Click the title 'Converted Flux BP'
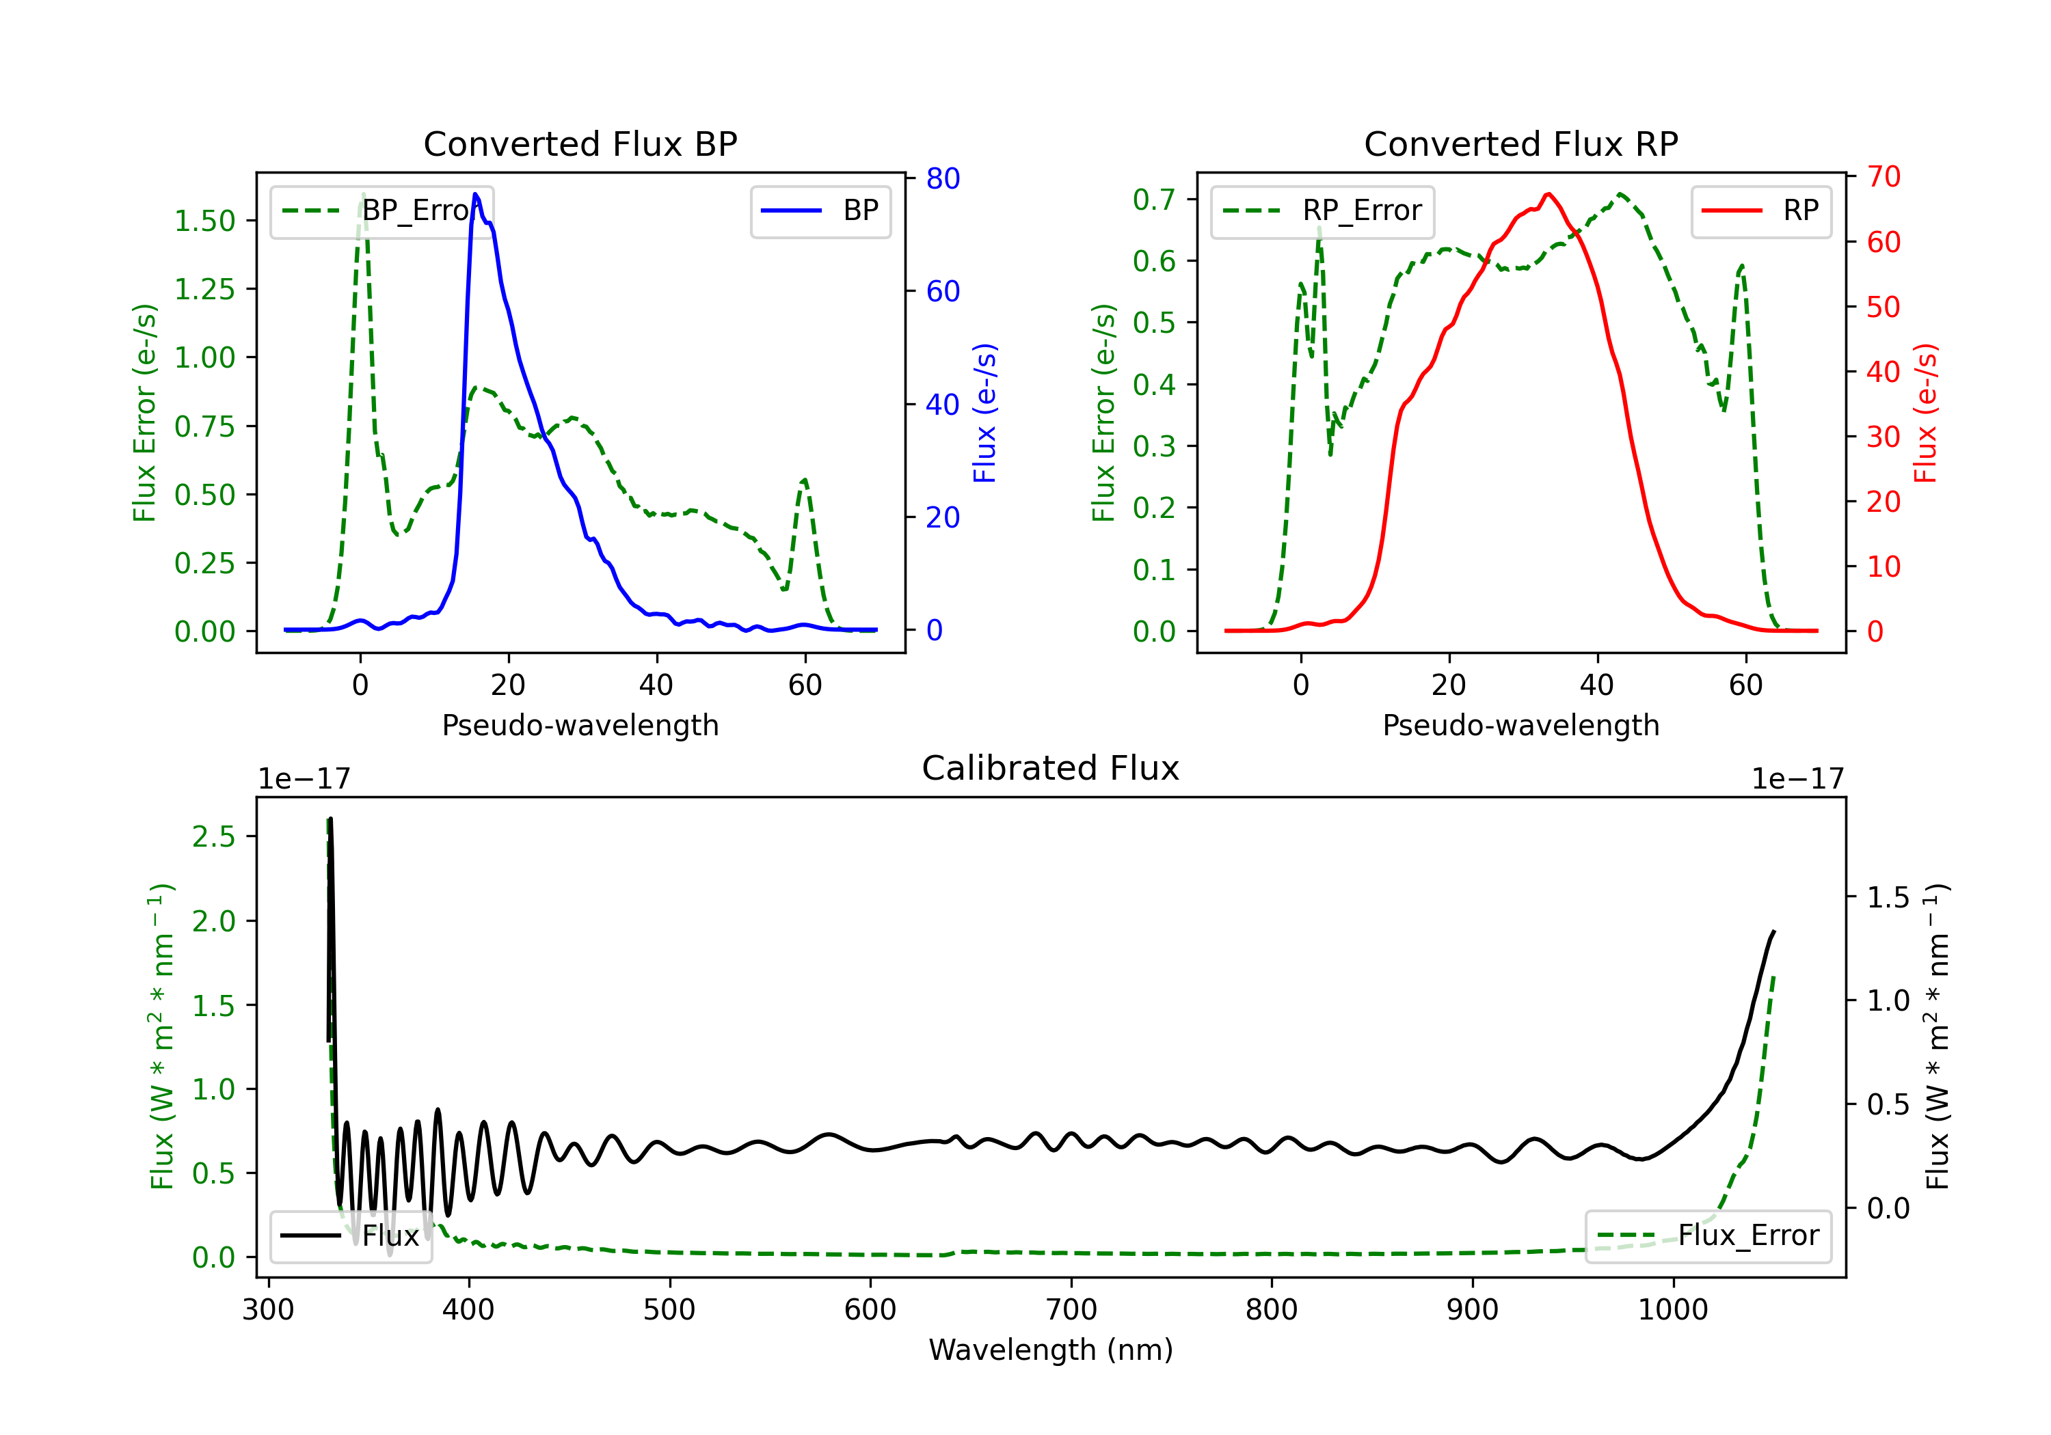[x=580, y=143]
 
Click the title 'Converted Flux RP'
[x=1520, y=143]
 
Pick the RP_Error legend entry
[x=1322, y=210]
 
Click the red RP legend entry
[x=1760, y=210]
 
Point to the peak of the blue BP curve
[x=475, y=194]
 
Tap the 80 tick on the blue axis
[x=942, y=178]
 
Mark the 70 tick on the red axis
[x=1883, y=177]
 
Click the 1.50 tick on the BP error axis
[x=204, y=221]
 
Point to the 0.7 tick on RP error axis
[x=1154, y=199]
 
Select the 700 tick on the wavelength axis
[x=1071, y=1310]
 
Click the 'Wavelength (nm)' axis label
[x=1051, y=1350]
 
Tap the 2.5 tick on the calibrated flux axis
[x=213, y=836]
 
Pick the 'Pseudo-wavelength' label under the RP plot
[x=1520, y=725]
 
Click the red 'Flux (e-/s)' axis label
[x=1925, y=413]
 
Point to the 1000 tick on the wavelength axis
[x=1672, y=1310]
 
